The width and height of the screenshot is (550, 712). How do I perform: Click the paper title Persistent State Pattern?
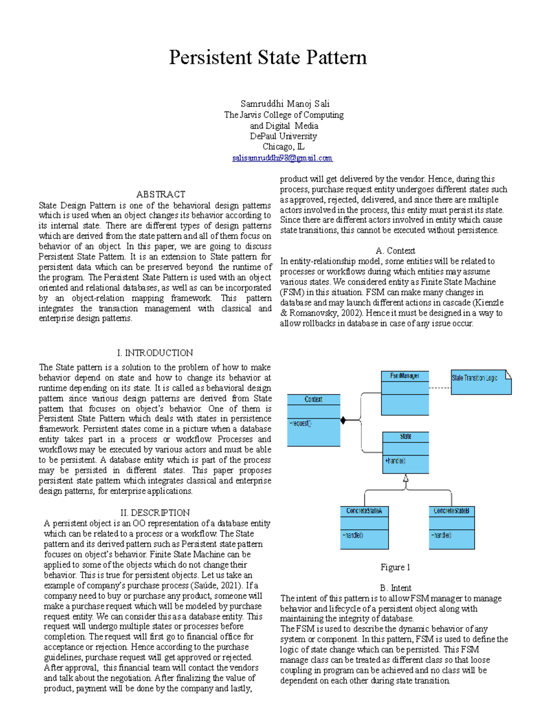pos(268,58)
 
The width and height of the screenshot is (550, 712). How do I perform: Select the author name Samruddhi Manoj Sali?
pos(285,104)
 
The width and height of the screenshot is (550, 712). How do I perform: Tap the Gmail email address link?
pos(282,158)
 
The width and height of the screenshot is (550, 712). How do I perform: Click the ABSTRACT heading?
pos(160,194)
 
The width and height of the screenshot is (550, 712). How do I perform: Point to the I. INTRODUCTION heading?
pos(155,353)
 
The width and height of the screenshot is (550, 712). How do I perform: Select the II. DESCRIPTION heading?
pos(155,513)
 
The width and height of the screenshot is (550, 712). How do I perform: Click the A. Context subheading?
pos(395,251)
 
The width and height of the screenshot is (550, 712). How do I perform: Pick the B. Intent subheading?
pos(395,588)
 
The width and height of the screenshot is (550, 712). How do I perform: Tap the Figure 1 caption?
pos(395,567)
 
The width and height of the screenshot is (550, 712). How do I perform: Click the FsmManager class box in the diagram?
pos(405,393)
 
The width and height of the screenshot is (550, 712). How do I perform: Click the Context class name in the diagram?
pos(313,399)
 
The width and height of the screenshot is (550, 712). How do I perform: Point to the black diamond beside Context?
pos(343,420)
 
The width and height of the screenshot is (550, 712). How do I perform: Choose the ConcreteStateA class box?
pos(364,527)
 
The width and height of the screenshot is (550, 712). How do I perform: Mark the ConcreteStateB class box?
pos(451,527)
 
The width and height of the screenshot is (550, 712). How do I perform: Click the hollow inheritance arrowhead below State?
pos(406,479)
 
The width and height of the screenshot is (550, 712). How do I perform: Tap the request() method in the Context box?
pos(301,423)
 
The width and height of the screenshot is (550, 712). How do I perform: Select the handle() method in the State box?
pos(395,461)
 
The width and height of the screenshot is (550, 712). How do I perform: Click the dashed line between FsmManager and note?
pos(440,388)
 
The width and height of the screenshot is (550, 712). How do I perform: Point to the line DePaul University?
pos(283,136)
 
